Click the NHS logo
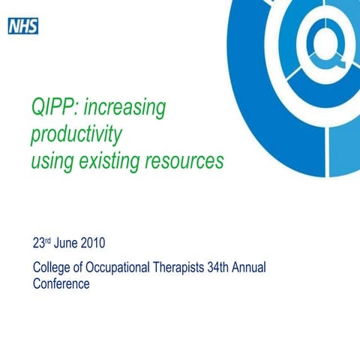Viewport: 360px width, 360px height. [x=22, y=27]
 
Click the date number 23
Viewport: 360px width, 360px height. [x=39, y=244]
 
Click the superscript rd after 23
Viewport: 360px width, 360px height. [x=50, y=241]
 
